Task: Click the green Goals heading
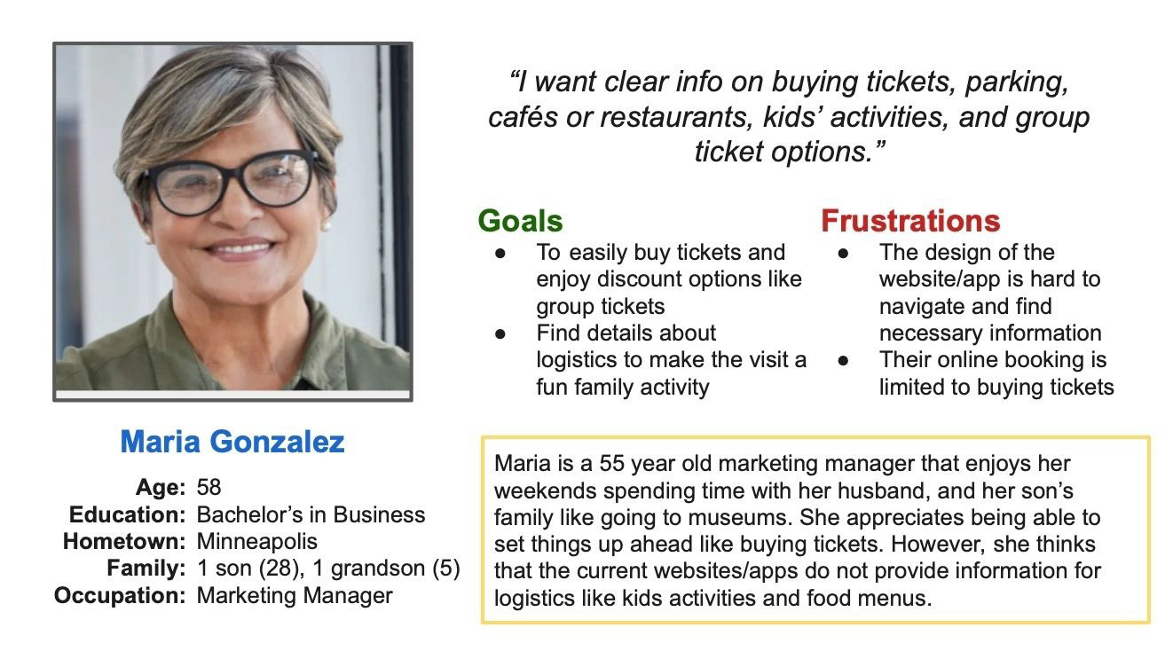pyautogui.click(x=520, y=221)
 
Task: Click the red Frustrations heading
pyautogui.click(x=909, y=221)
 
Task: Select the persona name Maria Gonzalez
pyautogui.click(x=232, y=442)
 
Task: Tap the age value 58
pyautogui.click(x=209, y=487)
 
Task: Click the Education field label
pyautogui.click(x=127, y=514)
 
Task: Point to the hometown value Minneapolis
pyautogui.click(x=256, y=541)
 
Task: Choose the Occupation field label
pyautogui.click(x=120, y=595)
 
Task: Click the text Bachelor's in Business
pyautogui.click(x=311, y=514)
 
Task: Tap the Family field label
pyautogui.click(x=146, y=569)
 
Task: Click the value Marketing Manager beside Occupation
pyautogui.click(x=295, y=595)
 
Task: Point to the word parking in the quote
pyautogui.click(x=1016, y=83)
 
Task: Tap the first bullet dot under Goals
pyautogui.click(x=500, y=253)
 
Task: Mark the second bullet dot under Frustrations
pyautogui.click(x=843, y=361)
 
